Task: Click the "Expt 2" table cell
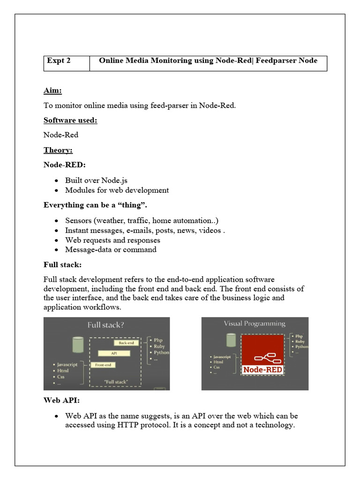(59, 61)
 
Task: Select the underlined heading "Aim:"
(53, 91)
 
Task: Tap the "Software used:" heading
(70, 120)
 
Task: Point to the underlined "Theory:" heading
(58, 150)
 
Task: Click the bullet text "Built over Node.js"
(96, 180)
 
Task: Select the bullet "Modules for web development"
(117, 190)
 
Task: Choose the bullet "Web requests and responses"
(112, 240)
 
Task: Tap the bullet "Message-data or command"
(111, 250)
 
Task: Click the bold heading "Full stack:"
(62, 265)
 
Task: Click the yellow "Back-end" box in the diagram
(127, 343)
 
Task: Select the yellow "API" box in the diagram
(114, 353)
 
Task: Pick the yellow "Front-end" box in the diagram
(103, 365)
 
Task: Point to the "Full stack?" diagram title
(106, 324)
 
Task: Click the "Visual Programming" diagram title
(254, 323)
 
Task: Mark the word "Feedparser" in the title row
(276, 60)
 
